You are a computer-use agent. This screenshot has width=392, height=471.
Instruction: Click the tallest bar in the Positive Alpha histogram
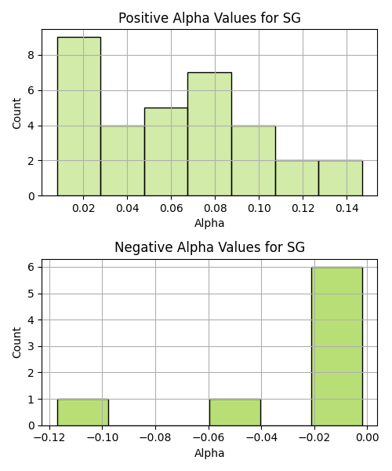click(x=79, y=116)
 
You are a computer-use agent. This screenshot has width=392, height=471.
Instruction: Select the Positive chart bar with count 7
click(x=209, y=134)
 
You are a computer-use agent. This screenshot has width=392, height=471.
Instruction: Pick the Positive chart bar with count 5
click(x=166, y=152)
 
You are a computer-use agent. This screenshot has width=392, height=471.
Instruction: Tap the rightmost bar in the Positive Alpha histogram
click(x=341, y=178)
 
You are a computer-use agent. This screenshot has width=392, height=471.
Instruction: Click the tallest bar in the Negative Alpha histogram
click(x=337, y=346)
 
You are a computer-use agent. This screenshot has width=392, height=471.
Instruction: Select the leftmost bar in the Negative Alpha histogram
click(x=83, y=412)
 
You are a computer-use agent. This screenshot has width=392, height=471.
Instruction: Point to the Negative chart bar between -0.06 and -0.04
click(x=235, y=412)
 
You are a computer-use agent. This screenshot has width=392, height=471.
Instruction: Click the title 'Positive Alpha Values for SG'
click(x=209, y=18)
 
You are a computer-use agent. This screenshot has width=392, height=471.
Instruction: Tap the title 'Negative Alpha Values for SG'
click(x=209, y=247)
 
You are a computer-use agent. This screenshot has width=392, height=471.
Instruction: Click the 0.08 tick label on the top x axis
click(x=215, y=208)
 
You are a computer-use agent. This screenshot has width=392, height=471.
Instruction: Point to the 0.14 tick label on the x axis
click(x=347, y=208)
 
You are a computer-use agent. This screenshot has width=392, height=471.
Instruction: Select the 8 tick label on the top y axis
click(x=31, y=55)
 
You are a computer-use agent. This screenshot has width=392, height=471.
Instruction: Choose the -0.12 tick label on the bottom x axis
click(x=49, y=437)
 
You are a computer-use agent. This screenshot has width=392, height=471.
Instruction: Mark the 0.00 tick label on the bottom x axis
click(x=367, y=437)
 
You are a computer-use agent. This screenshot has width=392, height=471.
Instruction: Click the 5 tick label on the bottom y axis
click(x=31, y=294)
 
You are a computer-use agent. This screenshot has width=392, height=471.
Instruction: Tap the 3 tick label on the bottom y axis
click(x=31, y=346)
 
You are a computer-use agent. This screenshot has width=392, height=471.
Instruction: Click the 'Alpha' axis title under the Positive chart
click(x=209, y=223)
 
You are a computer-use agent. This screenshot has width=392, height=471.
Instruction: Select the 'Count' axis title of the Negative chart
click(x=16, y=342)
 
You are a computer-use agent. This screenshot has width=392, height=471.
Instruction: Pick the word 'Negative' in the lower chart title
click(x=143, y=247)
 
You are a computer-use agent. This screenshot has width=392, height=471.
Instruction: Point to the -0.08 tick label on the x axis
click(x=155, y=437)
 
